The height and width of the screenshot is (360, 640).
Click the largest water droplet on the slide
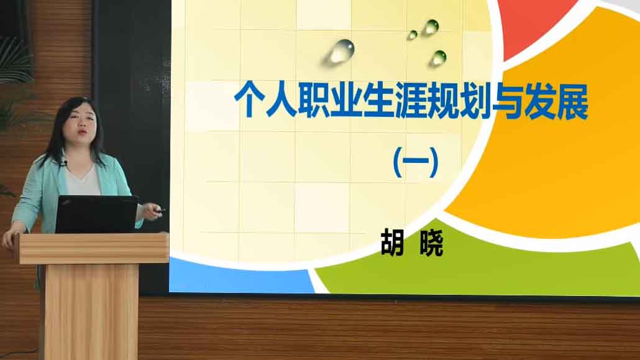[342, 51]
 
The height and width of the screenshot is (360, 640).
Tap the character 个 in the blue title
[249, 100]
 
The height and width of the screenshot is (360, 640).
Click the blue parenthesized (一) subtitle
[416, 162]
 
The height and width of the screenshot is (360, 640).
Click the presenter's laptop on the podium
[97, 214]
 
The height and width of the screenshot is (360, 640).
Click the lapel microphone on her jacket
[65, 163]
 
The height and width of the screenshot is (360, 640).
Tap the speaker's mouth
[82, 132]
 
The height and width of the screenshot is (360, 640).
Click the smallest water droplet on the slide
[412, 35]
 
